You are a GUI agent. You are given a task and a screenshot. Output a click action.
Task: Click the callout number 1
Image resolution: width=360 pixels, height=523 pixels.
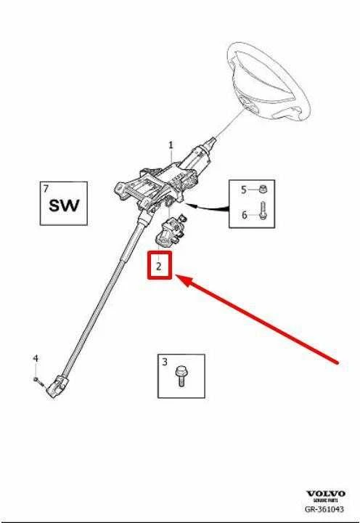point(171,145)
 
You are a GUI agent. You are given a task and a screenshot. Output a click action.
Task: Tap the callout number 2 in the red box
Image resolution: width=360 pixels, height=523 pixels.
point(159,266)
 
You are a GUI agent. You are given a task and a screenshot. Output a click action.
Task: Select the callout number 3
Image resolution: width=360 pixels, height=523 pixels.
point(165,362)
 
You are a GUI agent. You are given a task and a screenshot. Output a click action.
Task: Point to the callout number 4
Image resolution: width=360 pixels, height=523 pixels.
point(36,359)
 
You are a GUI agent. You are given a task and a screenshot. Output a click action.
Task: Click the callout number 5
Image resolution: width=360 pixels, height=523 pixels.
point(244,190)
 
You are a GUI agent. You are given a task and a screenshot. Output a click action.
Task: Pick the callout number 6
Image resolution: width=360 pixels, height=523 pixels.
point(245,215)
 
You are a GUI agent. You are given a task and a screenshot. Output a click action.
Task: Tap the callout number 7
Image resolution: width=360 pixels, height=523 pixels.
point(46,189)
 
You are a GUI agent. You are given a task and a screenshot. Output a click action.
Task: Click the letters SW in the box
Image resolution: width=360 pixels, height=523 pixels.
point(65,206)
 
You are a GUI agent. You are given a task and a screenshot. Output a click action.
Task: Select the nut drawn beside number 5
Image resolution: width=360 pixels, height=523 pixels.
point(263,190)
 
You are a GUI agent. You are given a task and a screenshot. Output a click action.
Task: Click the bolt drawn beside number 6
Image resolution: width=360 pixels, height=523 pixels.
point(263,211)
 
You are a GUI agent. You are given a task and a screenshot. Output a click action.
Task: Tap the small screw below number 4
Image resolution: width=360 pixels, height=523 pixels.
point(38,381)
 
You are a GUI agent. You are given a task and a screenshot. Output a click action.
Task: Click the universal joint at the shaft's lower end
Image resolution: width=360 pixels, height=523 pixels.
point(57,386)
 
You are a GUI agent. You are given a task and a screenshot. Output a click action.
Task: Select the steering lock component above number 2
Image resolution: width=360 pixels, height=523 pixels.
point(170,231)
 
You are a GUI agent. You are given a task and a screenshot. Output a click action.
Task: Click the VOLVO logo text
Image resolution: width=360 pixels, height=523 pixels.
point(326,493)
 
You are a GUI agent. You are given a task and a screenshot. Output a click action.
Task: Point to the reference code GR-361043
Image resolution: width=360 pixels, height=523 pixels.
point(324,509)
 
